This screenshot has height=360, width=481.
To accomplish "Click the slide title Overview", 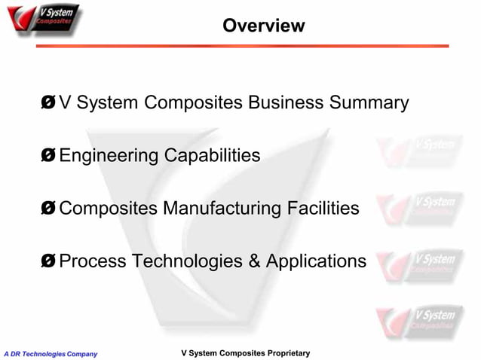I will pos(264,26).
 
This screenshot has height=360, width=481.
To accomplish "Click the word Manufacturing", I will pos(214,209).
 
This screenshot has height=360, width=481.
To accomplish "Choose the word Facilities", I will pos(321,209).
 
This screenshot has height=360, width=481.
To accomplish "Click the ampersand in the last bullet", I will pos(252,261).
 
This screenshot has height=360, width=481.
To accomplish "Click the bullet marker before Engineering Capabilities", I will pos(49,156).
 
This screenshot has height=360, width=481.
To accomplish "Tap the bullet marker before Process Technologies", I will pos(49,261).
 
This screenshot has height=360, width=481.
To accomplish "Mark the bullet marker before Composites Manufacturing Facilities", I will pos(49,209).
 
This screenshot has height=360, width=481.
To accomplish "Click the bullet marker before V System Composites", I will pos(49,103).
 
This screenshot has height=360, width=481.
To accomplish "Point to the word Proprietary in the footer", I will pos(283,353).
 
